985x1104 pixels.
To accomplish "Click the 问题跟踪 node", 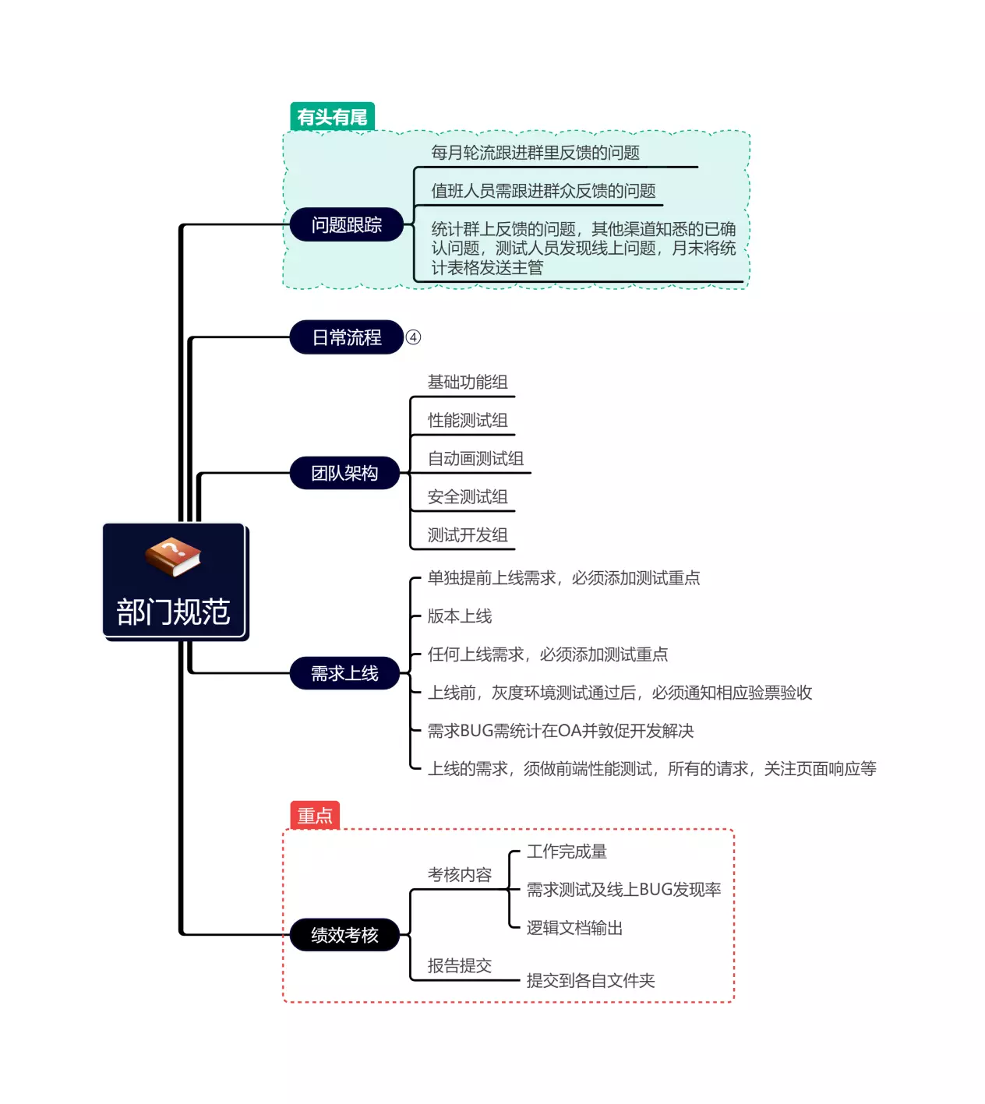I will click(346, 225).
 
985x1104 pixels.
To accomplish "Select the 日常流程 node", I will click(346, 337).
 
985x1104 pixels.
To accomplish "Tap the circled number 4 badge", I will click(414, 337).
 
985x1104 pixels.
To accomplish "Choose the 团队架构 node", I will click(344, 473).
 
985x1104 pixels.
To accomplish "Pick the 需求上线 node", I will click(344, 673).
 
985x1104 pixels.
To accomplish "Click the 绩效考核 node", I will click(344, 935).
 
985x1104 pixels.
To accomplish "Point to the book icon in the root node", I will click(173, 557).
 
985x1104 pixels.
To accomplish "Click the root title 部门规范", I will click(173, 612).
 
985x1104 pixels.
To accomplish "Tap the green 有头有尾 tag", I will click(332, 118).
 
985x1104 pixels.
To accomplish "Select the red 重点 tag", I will click(315, 816).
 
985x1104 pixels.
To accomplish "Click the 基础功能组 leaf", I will click(468, 383).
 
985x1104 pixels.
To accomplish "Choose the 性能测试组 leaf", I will click(468, 421).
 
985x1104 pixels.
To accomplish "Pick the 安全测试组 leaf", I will click(468, 497).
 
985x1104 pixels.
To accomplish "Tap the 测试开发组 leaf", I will click(468, 535).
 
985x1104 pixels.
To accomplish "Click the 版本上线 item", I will click(460, 616).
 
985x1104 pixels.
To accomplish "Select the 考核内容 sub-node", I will click(460, 875).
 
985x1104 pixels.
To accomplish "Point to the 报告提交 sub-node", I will click(460, 966).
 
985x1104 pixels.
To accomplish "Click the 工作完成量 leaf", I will click(567, 852).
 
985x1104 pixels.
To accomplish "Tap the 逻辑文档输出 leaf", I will click(574, 928).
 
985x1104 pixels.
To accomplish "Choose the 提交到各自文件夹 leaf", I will click(591, 981).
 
